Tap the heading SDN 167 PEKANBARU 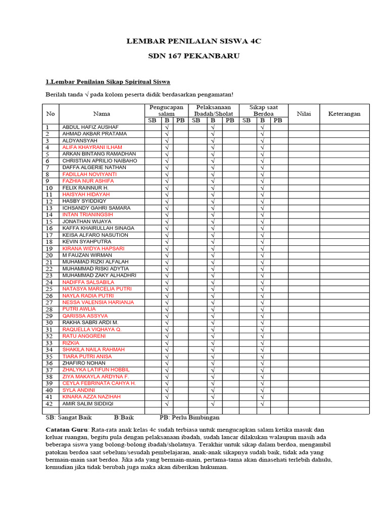click(x=193, y=56)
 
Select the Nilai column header click(x=304, y=114)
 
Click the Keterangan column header click(x=344, y=114)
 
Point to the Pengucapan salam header click(x=166, y=111)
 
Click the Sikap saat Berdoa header click(x=263, y=111)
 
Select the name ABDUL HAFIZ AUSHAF click(x=90, y=127)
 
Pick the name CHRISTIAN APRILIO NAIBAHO click(x=100, y=161)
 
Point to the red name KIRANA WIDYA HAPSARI click(x=93, y=248)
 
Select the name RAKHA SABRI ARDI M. click(x=90, y=322)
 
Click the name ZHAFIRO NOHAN click(x=84, y=363)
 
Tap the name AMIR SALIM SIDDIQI click(x=87, y=404)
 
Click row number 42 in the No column click(x=50, y=404)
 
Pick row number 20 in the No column click(x=50, y=255)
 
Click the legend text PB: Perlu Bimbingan click(x=189, y=418)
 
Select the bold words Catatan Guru click(x=63, y=429)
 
